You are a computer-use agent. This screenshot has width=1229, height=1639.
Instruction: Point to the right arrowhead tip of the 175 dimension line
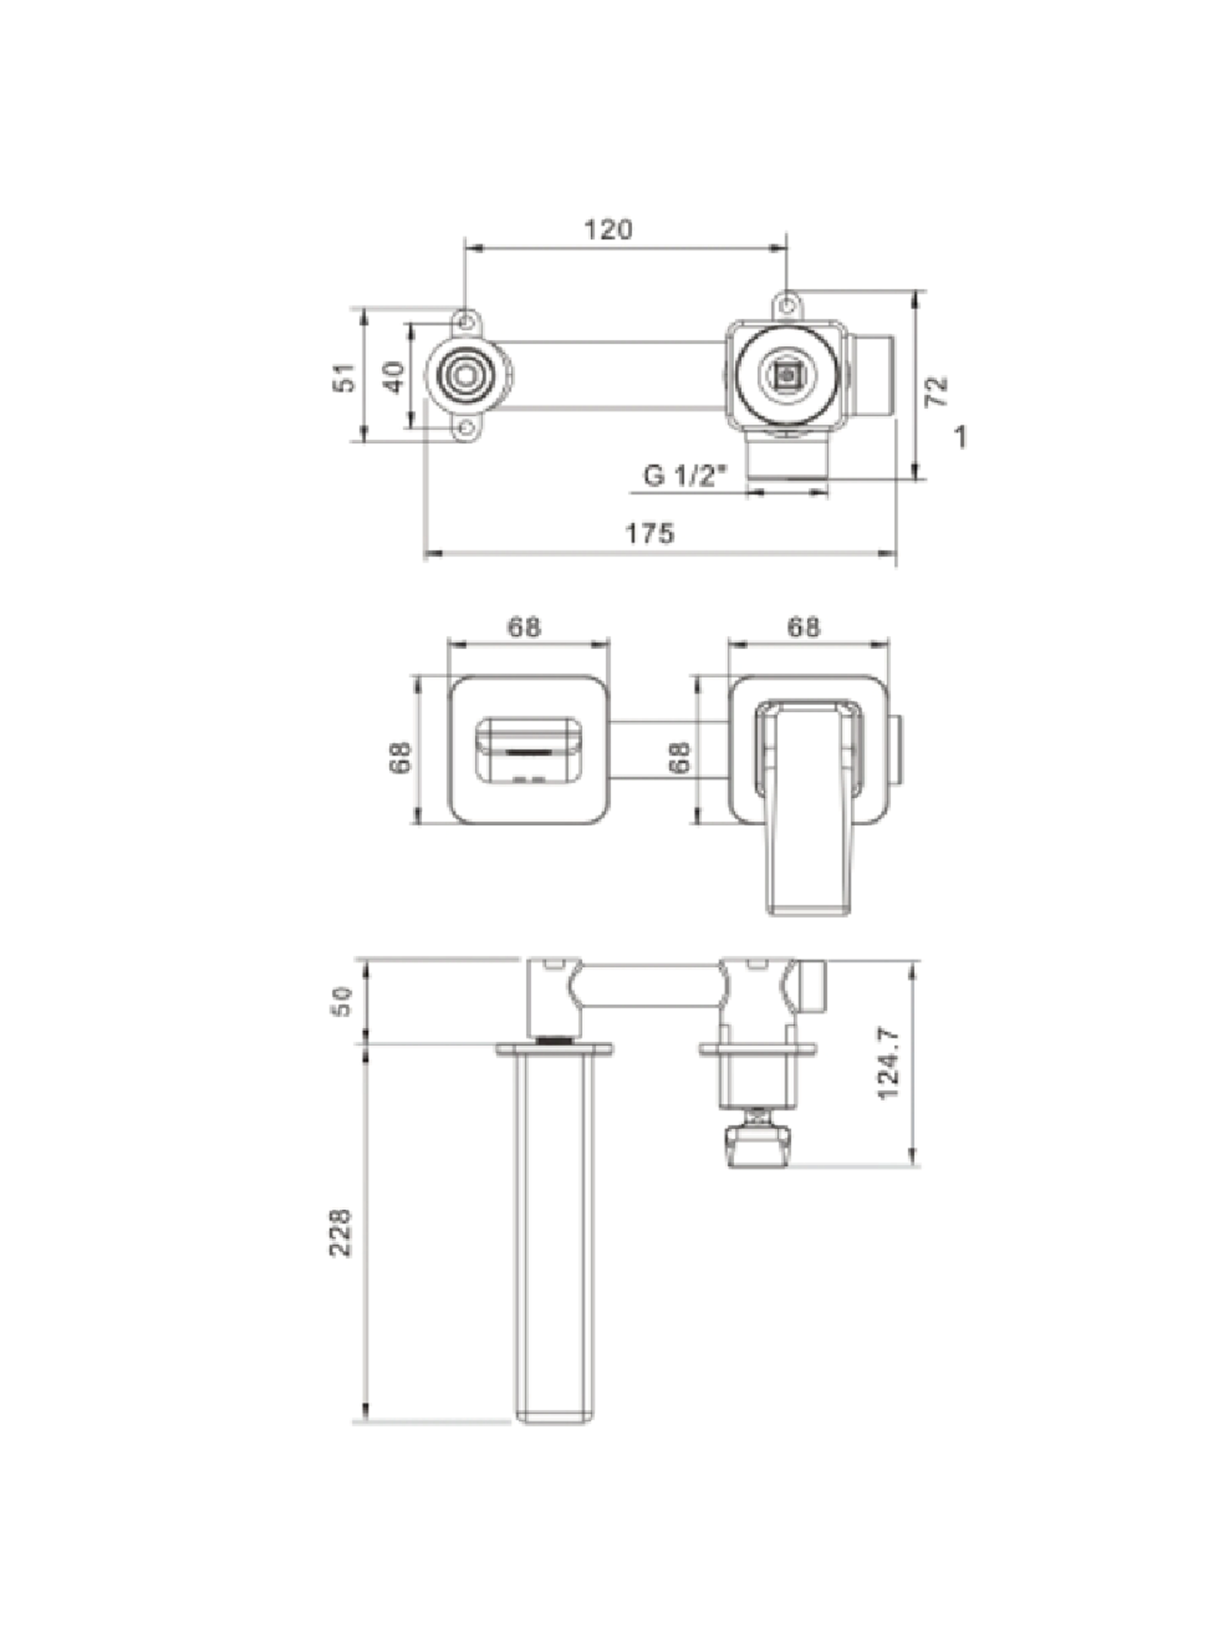click(896, 552)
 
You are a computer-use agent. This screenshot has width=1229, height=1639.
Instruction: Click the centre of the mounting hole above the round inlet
click(465, 323)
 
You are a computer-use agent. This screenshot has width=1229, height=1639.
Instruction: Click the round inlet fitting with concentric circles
click(466, 375)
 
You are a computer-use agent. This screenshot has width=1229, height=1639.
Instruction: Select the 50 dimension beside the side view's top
click(343, 1001)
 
